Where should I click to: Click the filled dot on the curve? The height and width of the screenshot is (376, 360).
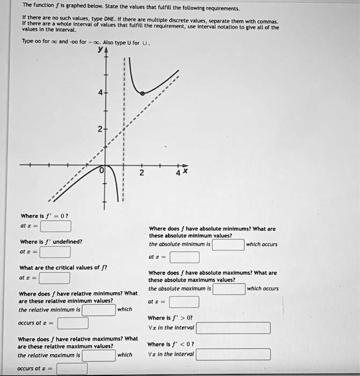point(142,93)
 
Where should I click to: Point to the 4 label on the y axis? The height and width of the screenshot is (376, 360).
point(100,92)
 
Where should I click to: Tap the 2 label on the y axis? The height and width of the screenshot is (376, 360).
point(100,129)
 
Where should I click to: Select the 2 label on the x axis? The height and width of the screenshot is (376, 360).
point(141,173)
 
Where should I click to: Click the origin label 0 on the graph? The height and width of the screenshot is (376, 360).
point(100,171)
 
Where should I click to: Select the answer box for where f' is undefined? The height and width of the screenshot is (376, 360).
point(54,251)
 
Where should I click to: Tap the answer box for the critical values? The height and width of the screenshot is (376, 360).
point(54,278)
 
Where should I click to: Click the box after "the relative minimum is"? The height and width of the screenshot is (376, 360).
point(99,309)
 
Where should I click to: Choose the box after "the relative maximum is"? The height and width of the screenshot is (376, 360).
point(99,355)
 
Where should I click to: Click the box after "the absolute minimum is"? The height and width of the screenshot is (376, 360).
point(229,245)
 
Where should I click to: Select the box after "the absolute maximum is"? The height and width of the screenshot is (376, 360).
point(229,288)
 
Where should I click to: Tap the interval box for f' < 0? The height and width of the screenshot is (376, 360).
point(233,355)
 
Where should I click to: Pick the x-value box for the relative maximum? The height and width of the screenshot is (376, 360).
point(72,369)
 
